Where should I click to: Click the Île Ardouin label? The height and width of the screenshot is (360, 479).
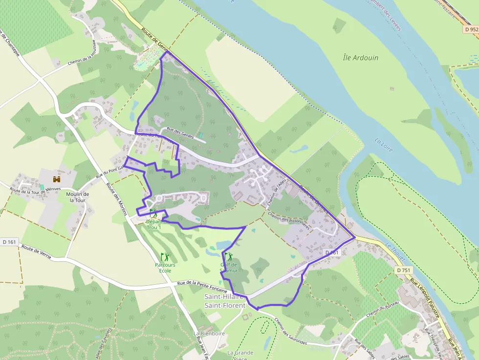pyautogui.click(x=360, y=58)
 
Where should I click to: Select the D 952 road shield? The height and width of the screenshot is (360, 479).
pyautogui.click(x=471, y=29)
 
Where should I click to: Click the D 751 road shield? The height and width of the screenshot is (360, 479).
pyautogui.click(x=404, y=270)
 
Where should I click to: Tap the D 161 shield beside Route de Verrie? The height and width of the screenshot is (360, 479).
pyautogui.click(x=9, y=242)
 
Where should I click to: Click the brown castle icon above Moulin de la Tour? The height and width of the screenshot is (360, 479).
pyautogui.click(x=57, y=179)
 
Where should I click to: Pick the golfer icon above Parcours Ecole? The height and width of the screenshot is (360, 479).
pyautogui.click(x=165, y=256)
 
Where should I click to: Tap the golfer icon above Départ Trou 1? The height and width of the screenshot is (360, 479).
pyautogui.click(x=153, y=213)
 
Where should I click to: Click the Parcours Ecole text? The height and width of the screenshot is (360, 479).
pyautogui.click(x=165, y=268)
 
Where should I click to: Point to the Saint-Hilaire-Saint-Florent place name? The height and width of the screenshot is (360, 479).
pyautogui.click(x=224, y=301)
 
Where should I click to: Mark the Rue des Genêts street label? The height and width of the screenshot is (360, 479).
pyautogui.click(x=180, y=132)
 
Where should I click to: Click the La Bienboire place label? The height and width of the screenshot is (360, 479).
pyautogui.click(x=209, y=334)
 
